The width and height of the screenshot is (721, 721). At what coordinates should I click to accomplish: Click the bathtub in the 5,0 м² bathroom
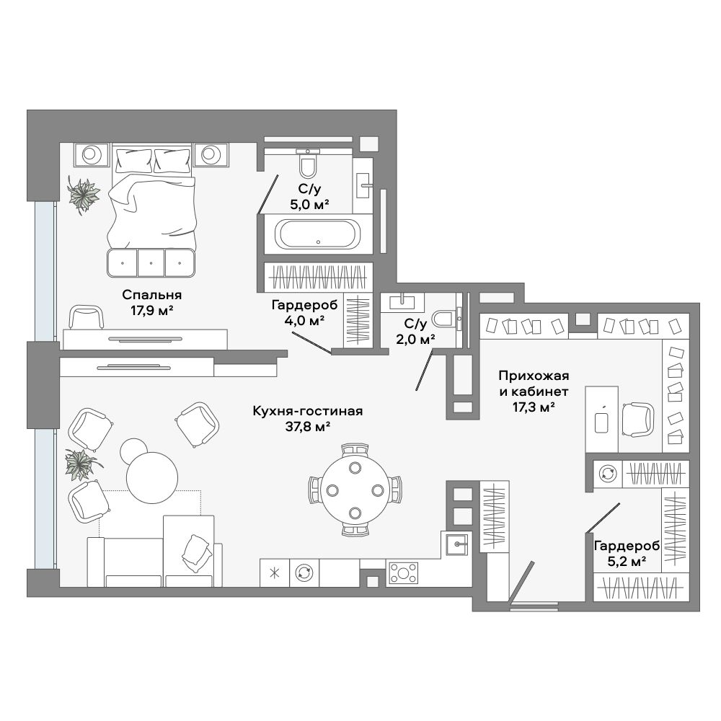click(x=318, y=234)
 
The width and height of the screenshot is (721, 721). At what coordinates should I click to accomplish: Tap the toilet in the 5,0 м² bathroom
click(x=308, y=163)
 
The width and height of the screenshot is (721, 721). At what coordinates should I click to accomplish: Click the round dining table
click(x=355, y=490)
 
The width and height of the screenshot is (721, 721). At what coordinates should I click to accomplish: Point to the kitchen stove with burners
click(x=403, y=573)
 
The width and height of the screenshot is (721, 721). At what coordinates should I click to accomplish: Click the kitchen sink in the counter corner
click(x=456, y=544)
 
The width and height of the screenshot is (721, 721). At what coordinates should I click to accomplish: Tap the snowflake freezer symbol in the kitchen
click(x=275, y=573)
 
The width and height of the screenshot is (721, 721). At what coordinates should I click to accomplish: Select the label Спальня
click(x=151, y=294)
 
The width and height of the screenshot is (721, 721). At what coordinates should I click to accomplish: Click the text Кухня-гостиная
click(x=308, y=411)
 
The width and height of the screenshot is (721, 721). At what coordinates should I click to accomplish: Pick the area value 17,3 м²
click(x=534, y=407)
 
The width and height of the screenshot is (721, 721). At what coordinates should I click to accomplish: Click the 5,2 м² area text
click(x=627, y=561)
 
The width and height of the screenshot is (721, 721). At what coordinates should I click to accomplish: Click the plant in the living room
click(x=81, y=465)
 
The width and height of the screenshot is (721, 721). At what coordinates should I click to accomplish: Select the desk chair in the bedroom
click(x=86, y=318)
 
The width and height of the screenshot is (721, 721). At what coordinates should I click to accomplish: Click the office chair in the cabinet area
click(x=637, y=419)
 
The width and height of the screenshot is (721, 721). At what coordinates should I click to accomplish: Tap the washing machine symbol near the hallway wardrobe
click(x=607, y=474)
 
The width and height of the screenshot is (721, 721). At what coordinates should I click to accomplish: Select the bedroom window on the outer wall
click(x=45, y=271)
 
